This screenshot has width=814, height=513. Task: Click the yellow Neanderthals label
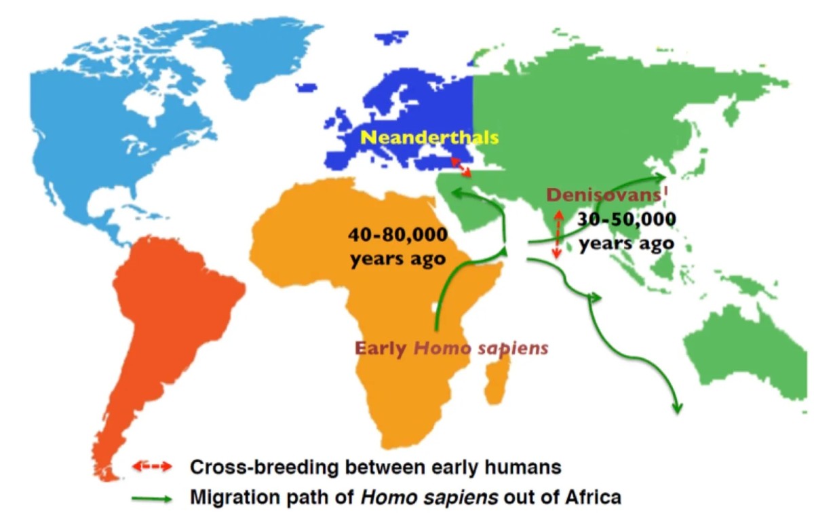tap(429, 138)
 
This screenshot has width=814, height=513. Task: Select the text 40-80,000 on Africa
tap(398, 235)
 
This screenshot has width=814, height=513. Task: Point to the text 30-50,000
tap(627, 220)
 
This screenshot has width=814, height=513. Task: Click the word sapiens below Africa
tap(515, 349)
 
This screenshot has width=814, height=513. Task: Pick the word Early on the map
tap(381, 349)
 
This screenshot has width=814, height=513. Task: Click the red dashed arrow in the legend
tap(154, 467)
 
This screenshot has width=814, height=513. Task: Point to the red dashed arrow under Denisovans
tap(556, 234)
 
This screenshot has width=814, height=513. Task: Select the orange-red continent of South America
tap(170, 319)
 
